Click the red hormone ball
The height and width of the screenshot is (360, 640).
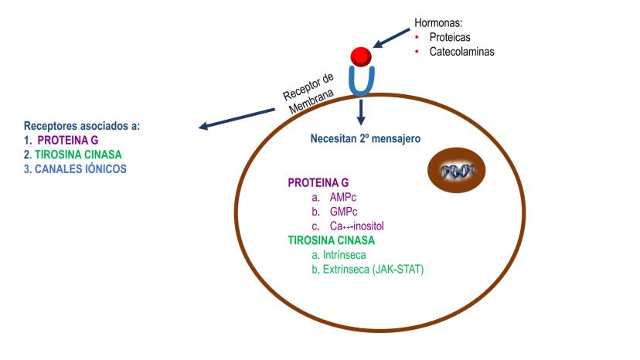coord(361,56)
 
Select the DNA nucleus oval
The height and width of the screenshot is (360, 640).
coord(456,169)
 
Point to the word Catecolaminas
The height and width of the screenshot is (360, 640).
coord(461,52)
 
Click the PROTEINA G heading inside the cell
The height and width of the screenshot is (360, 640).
coord(318,183)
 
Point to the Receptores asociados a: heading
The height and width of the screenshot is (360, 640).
coord(82,126)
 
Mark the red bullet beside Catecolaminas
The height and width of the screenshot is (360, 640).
coord(416,52)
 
